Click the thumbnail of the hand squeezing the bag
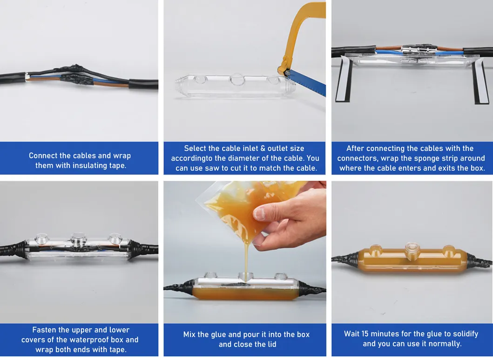[x=245, y=252]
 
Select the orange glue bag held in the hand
[x=249, y=208]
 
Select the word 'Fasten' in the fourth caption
[x=44, y=330]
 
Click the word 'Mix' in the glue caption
[x=189, y=334]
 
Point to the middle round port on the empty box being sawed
[x=237, y=80]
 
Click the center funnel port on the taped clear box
[x=79, y=239]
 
